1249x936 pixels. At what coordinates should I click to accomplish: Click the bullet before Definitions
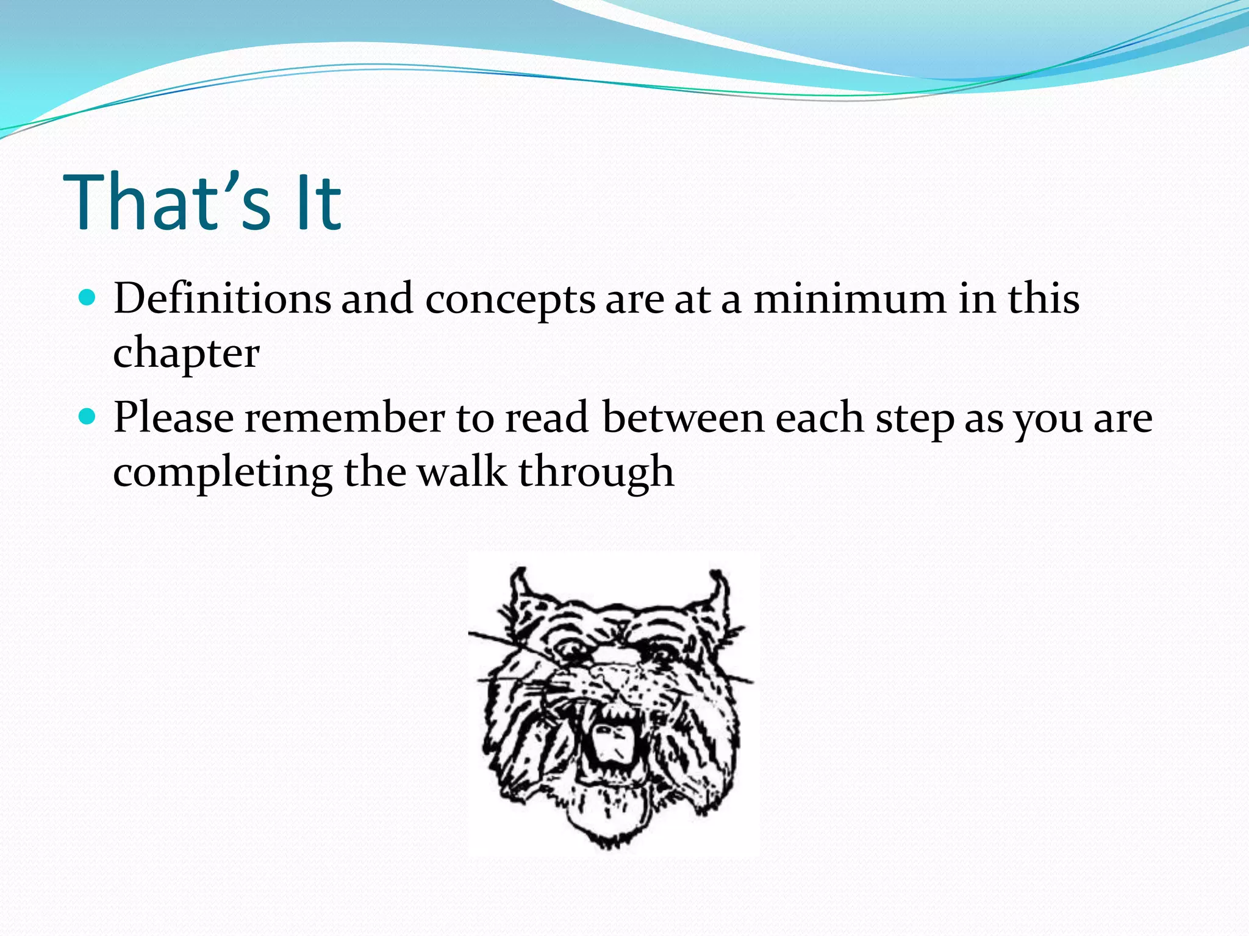(x=88, y=298)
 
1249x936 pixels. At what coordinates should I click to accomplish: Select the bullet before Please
(x=88, y=417)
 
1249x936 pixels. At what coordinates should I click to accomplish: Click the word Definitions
(x=222, y=299)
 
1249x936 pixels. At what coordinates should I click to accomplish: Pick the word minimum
(x=850, y=299)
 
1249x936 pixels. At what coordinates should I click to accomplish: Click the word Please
(x=173, y=418)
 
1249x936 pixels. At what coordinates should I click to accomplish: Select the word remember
(x=345, y=418)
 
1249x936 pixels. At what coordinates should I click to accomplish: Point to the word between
(x=683, y=418)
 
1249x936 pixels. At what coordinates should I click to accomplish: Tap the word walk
(x=462, y=472)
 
